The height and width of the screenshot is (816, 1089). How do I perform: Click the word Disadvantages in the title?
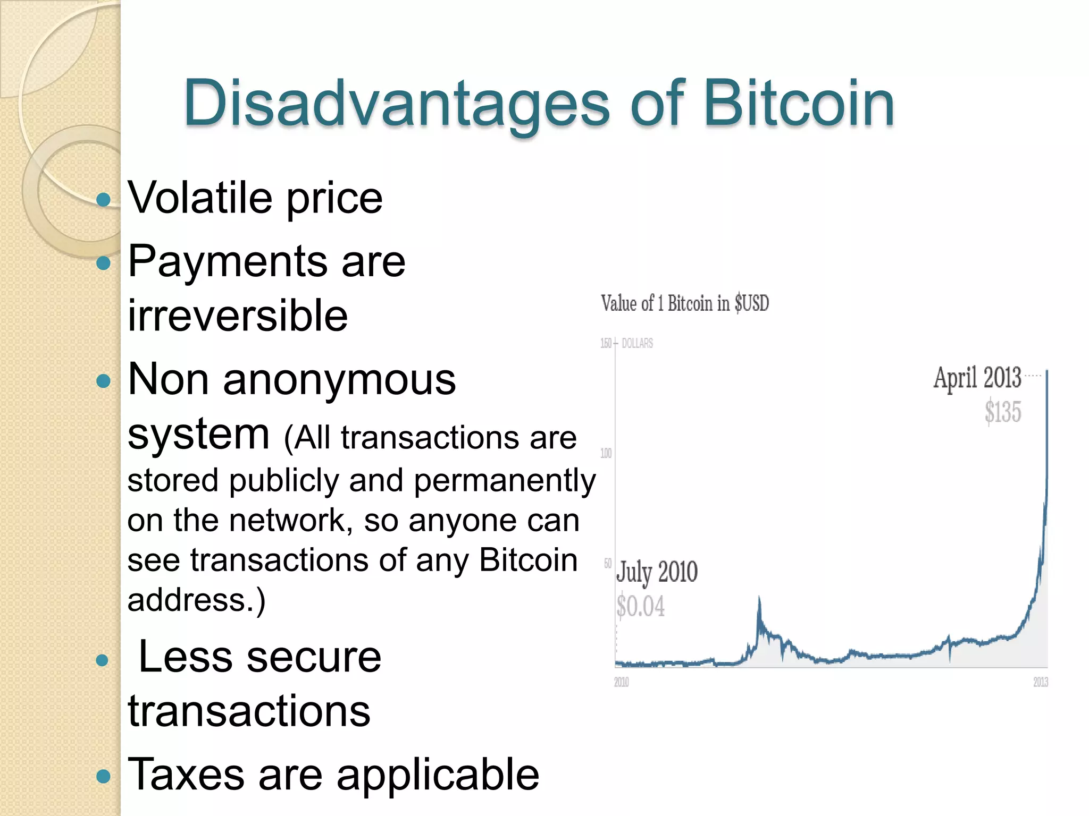tap(396, 104)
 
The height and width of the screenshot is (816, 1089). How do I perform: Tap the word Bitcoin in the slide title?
tap(799, 104)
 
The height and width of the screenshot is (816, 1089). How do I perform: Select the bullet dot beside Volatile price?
tap(103, 200)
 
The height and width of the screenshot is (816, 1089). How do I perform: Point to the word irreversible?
tap(238, 316)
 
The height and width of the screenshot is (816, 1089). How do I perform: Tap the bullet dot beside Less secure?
tap(102, 660)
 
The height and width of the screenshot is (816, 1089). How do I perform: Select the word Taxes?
tap(186, 775)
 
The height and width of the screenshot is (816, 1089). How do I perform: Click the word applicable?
tap(438, 775)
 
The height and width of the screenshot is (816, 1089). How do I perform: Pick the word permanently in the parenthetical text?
tap(505, 481)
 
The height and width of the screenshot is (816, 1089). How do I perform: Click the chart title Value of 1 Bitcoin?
tap(685, 303)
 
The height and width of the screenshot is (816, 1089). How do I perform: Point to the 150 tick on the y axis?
tap(606, 343)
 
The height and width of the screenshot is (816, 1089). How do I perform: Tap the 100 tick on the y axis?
tap(606, 453)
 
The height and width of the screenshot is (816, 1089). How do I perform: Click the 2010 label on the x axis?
tap(621, 682)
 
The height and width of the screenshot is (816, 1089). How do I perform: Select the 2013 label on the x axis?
tap(1040, 682)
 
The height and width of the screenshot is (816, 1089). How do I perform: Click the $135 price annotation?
tap(1002, 412)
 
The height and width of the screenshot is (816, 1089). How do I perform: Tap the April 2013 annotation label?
tap(977, 378)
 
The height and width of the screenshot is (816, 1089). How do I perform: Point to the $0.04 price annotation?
tap(641, 607)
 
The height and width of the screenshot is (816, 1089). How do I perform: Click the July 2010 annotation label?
tap(657, 572)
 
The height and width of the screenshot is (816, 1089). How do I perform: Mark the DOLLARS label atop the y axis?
tap(637, 343)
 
